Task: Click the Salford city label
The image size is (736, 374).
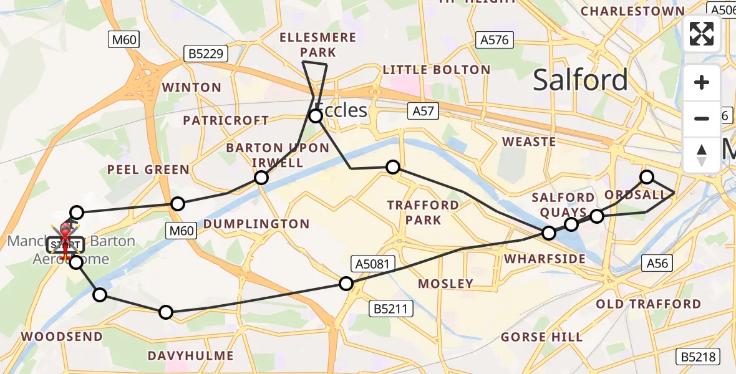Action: click(580, 80)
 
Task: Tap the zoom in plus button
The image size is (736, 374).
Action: click(702, 83)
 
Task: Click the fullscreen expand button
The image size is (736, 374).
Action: click(702, 34)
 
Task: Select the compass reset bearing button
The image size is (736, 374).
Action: click(702, 155)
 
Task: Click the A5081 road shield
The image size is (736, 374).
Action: click(374, 264)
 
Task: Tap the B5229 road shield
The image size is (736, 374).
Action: click(206, 54)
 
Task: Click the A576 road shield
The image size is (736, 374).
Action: click(495, 40)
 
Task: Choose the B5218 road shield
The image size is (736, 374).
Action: click(699, 357)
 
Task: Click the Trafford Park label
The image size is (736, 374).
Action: click(423, 213)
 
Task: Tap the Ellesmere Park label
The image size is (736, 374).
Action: click(318, 45)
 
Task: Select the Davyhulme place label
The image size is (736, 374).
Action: click(191, 356)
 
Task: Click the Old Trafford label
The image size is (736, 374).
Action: click(649, 304)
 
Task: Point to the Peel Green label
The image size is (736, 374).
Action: click(148, 170)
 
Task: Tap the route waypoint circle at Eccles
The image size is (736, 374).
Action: click(316, 116)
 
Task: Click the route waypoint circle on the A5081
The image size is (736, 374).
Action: click(346, 284)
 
